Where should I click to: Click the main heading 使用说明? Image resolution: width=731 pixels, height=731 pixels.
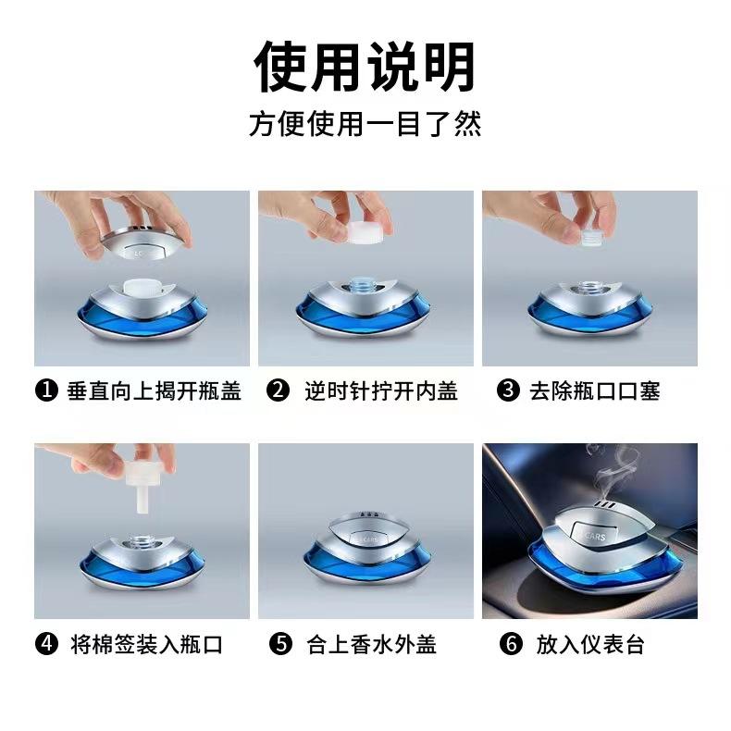[365, 67]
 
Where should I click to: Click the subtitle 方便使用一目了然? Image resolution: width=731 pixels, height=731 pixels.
[365, 124]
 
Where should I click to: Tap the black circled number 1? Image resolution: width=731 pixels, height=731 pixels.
[46, 390]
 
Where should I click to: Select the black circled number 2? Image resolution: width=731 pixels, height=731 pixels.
[278, 390]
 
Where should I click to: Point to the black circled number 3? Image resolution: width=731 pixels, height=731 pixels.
[508, 390]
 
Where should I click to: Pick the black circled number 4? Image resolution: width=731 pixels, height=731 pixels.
[46, 644]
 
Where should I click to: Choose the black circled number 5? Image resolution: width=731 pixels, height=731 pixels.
[280, 644]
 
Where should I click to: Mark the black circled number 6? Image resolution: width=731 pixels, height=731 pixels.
[511, 644]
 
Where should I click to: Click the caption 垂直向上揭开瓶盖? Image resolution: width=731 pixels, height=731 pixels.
[154, 390]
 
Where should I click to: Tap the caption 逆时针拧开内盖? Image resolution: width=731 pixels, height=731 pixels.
[381, 390]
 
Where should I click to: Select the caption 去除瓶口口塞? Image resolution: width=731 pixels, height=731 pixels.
[594, 390]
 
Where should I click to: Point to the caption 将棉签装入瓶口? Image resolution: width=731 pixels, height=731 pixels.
[146, 644]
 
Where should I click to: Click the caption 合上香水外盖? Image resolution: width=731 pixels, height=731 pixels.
[372, 644]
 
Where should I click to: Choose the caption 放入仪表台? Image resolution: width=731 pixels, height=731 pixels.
[590, 644]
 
